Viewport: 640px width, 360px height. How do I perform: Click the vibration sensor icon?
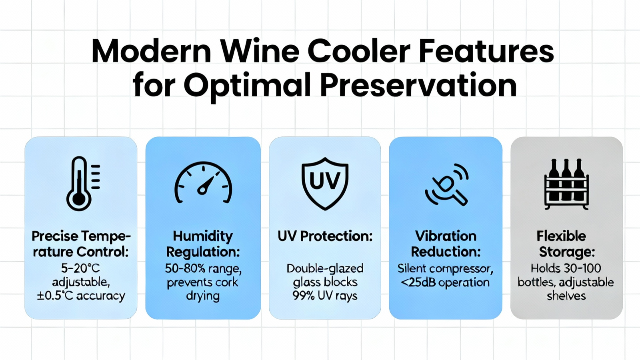446,184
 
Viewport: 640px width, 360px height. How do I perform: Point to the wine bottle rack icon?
566,184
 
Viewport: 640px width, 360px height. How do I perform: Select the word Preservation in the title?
418,86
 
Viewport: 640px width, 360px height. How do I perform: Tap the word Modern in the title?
151,52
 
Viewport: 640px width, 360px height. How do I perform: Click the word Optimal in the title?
247,87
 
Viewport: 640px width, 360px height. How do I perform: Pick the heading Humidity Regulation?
203,244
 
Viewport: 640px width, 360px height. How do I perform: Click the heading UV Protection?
325,236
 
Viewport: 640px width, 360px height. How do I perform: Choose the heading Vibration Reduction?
446,244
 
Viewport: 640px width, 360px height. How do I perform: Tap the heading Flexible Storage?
566,244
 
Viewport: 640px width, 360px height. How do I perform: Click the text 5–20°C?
80,268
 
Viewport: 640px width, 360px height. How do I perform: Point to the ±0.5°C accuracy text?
81,296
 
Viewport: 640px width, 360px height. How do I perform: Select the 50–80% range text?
203,268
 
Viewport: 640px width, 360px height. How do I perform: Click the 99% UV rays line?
325,296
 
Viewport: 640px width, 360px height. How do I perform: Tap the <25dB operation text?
445,282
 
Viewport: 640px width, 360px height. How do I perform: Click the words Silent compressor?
445,269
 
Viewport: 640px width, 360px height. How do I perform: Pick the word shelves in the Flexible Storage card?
566,296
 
